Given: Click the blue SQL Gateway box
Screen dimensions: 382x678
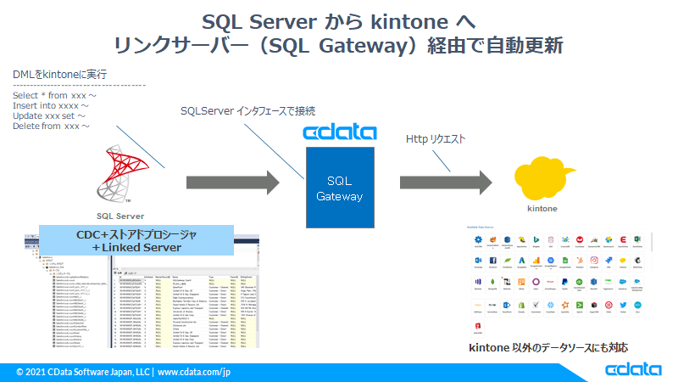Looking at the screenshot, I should pos(339,188).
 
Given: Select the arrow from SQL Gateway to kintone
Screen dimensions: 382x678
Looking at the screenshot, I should pos(446,182).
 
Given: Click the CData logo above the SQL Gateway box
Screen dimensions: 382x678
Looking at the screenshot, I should pos(339,133).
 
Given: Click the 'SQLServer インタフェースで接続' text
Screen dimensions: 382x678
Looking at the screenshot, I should pos(248,111).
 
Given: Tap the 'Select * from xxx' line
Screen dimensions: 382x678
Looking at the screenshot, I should pos(54,96).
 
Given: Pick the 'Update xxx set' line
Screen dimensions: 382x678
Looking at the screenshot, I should pos(49,116).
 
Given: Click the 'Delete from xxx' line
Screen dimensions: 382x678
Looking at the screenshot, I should pos(51,126).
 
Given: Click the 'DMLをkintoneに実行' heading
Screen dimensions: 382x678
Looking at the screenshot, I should pos(59,76).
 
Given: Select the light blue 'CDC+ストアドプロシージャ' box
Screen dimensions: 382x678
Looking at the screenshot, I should pos(136,240).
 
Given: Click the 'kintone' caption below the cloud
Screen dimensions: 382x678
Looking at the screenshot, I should pos(542,207).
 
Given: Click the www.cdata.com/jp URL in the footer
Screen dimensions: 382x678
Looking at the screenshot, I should pos(194,372).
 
